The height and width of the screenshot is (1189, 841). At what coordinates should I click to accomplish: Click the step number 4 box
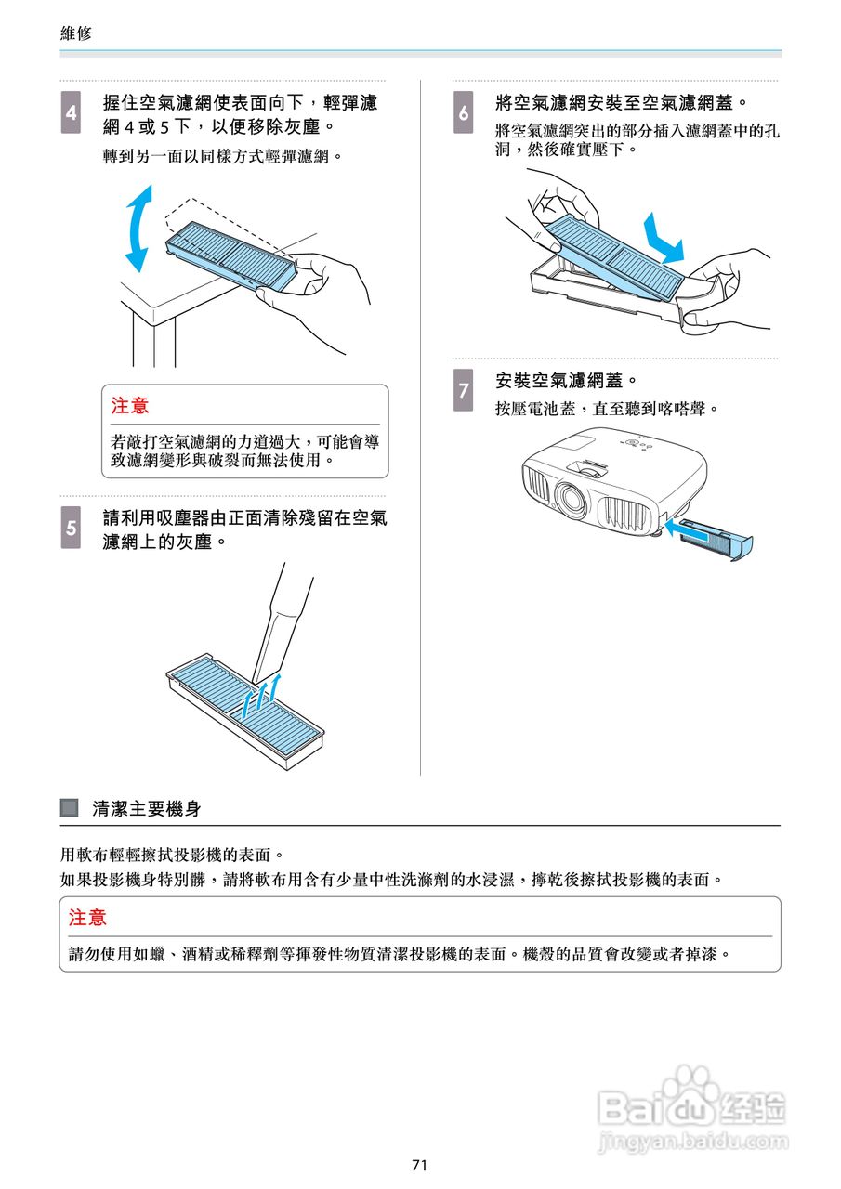[72, 111]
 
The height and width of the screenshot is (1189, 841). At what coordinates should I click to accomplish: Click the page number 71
[419, 1165]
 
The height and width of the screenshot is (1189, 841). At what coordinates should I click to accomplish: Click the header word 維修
[76, 33]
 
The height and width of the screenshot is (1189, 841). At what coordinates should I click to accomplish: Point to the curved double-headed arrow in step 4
[137, 228]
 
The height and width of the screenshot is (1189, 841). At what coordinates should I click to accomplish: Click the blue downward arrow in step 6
[665, 237]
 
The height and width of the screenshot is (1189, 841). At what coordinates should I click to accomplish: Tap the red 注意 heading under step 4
[130, 406]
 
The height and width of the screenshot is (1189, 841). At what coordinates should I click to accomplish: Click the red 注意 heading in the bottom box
[88, 918]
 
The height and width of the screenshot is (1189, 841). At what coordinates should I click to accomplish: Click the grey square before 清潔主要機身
[69, 808]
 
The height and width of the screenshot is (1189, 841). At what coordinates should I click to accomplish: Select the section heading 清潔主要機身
[147, 809]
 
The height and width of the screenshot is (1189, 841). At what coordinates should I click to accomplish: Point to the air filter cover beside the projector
[716, 540]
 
